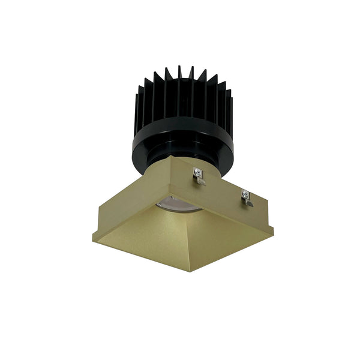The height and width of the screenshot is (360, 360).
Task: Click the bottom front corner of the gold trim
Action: pos(191,271)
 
